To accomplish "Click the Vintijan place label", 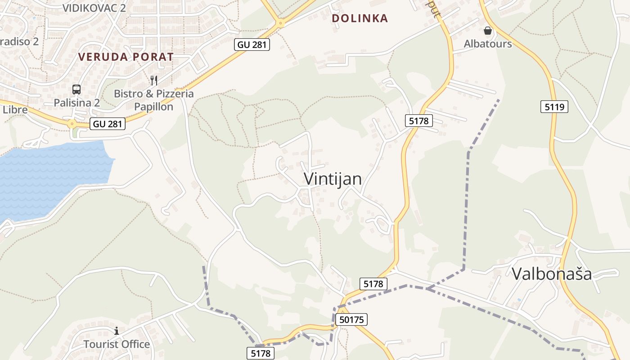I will click(333, 179).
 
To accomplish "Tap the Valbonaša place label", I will click(552, 274).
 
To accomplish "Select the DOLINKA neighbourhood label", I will click(360, 18).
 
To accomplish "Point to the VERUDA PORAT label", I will click(126, 57).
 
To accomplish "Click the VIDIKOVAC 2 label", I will click(94, 8).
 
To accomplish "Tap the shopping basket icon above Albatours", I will click(487, 31).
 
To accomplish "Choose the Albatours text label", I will click(488, 44).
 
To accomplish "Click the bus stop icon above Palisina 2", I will click(76, 89).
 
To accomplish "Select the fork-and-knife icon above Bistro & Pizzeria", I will click(154, 81).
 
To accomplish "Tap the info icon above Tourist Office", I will click(117, 331).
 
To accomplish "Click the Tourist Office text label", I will click(117, 344).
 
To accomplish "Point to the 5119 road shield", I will click(554, 107).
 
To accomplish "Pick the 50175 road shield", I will click(351, 319).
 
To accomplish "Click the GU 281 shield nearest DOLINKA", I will click(252, 44).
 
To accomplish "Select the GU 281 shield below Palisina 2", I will click(108, 124).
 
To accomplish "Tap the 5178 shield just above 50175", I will click(373, 283).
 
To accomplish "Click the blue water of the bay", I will click(49, 175).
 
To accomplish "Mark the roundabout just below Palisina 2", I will click(72, 123).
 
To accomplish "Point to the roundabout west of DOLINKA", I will click(280, 22).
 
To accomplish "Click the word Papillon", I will click(153, 107).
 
